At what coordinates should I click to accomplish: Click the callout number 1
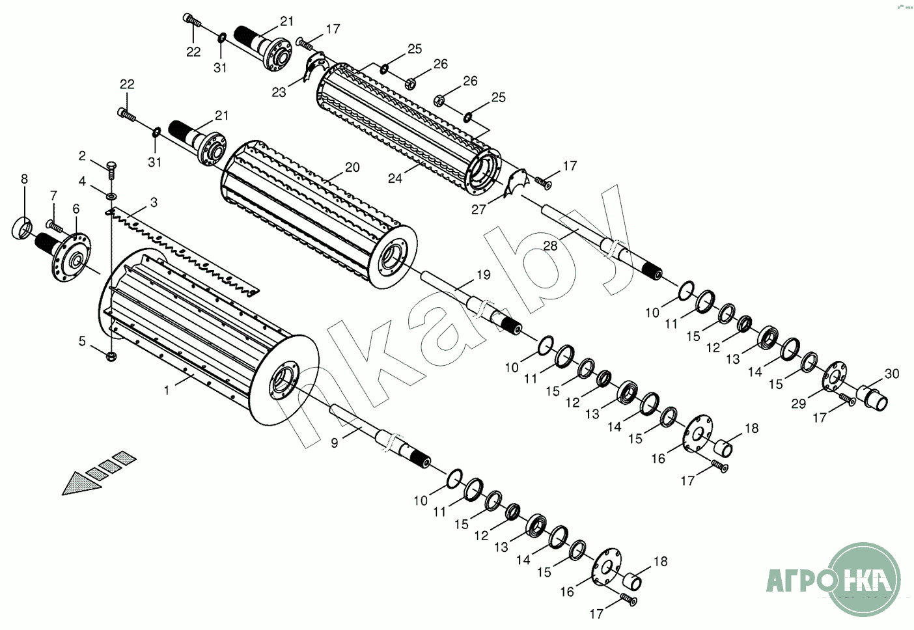(167, 390)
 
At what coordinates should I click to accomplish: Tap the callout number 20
(352, 167)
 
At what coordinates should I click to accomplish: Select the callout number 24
(395, 178)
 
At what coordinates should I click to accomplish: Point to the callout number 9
(335, 443)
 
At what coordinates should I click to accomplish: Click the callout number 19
(484, 275)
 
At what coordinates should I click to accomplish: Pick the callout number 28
(551, 245)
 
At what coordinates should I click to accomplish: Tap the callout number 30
(892, 374)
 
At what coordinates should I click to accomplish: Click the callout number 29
(799, 404)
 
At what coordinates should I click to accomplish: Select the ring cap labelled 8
(21, 228)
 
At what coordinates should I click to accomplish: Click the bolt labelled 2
(111, 169)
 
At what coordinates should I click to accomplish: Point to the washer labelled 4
(111, 197)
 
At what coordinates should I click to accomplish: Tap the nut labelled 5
(111, 356)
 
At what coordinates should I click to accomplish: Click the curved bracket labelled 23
(316, 66)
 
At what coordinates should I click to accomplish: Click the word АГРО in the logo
(795, 580)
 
